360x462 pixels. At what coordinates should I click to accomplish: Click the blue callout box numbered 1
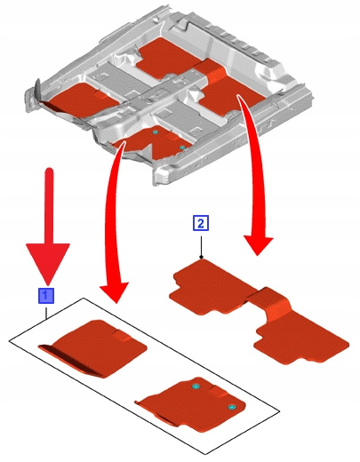pos(46,295)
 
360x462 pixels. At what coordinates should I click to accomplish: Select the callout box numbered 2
pos(201,223)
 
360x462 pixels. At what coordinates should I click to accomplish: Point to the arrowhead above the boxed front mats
pos(115,291)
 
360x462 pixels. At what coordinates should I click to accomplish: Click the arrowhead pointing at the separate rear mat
pos(258,245)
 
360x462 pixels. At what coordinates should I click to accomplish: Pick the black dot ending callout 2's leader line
pos(201,257)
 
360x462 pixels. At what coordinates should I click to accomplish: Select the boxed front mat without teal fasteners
pos(92,348)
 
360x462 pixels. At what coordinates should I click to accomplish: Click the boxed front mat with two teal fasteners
pos(191,403)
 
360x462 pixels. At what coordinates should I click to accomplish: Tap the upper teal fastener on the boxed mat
pos(196,386)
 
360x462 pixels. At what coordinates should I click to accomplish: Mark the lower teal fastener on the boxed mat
pos(231,408)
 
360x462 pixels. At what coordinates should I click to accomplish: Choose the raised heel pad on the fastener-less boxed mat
pos(122,336)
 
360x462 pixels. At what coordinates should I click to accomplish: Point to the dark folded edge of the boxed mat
pos(71,362)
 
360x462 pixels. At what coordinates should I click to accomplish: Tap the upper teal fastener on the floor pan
pos(154,132)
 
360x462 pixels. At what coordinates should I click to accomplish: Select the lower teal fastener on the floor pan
pos(182,147)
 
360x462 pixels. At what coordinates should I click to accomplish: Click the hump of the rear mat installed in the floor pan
pos(210,72)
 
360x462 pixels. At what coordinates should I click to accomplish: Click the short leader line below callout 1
pos(46,313)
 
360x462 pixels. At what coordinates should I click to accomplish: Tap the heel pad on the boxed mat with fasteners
pos(219,393)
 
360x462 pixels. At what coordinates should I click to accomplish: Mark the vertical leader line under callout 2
pos(201,246)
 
